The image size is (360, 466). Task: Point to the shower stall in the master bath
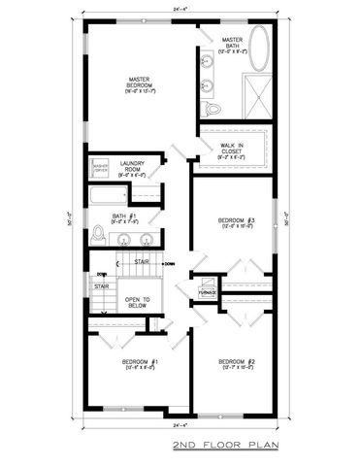[258, 101]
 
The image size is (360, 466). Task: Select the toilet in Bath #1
[97, 235]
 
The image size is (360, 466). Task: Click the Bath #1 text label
[121, 216]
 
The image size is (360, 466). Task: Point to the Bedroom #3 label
[238, 222]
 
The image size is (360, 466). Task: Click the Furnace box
[207, 291]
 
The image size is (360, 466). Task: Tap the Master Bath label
[230, 43]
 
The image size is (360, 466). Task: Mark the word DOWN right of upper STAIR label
[169, 263]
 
